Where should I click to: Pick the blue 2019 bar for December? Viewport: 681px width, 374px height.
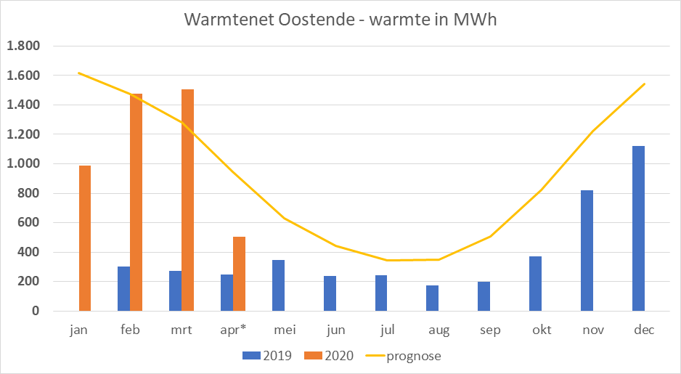point(638,229)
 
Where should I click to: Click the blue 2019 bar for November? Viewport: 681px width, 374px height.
point(587,251)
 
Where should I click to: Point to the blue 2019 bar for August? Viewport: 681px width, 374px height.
point(432,298)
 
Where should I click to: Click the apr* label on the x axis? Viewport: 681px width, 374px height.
point(233,330)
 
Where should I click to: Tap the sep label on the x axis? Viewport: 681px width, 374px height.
point(490,330)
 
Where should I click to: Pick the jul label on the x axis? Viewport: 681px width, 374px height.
point(387,330)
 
